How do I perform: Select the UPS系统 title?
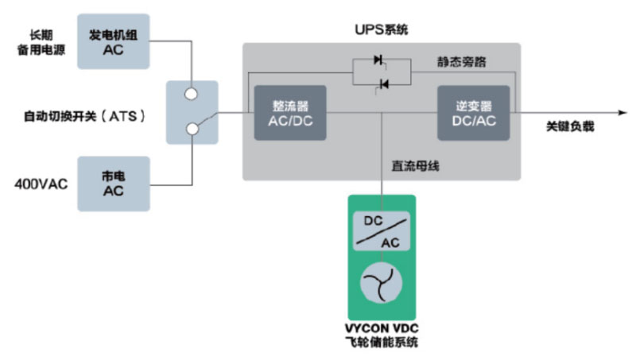[x=381, y=30]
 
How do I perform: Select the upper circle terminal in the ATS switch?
[x=192, y=94]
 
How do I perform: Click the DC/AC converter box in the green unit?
[x=381, y=230]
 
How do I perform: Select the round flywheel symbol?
[x=381, y=281]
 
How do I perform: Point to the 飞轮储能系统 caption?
[x=381, y=343]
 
